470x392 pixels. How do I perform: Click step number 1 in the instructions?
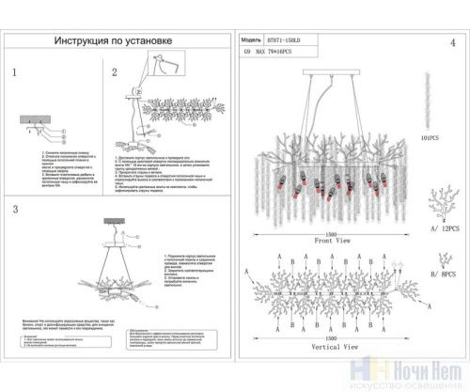[x=15, y=72]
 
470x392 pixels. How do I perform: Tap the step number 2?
[x=114, y=72]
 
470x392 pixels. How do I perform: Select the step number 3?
[x=15, y=208]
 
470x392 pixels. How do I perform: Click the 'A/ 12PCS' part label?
[x=439, y=228]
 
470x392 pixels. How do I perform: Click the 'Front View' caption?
[x=333, y=241]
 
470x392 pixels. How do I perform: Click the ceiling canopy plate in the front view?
[x=332, y=71]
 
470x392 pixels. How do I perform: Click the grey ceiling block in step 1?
[x=36, y=118]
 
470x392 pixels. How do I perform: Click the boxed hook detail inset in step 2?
[x=165, y=63]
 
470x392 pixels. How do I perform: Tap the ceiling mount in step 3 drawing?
[x=117, y=216]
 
